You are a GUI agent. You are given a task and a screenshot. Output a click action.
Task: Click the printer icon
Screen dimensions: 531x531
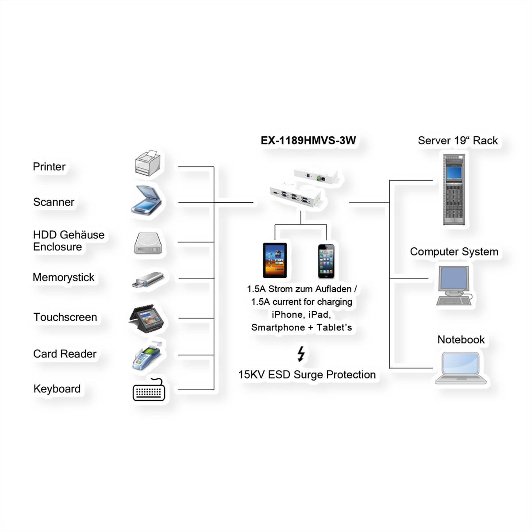pyautogui.click(x=148, y=163)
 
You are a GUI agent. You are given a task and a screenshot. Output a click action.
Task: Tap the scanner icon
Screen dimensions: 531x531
pyautogui.click(x=146, y=200)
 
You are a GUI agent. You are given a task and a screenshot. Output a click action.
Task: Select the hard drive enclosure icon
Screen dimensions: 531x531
pyautogui.click(x=148, y=243)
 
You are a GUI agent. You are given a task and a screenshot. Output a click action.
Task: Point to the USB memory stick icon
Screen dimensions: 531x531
pyautogui.click(x=148, y=280)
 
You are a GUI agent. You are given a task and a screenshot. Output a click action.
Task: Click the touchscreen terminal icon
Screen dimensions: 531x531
pyautogui.click(x=146, y=319)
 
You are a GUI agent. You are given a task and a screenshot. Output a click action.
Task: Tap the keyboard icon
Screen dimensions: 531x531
pyautogui.click(x=149, y=389)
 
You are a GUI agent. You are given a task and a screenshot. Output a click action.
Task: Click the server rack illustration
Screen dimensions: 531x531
pyautogui.click(x=454, y=189)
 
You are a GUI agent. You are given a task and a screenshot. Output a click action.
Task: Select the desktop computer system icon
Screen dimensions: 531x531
pyautogui.click(x=454, y=285)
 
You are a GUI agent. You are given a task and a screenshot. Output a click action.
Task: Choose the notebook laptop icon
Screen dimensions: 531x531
pyautogui.click(x=461, y=368)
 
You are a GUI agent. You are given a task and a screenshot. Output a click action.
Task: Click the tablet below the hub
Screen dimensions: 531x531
pyautogui.click(x=275, y=260)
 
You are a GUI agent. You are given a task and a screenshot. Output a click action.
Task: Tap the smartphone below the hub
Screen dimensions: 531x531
pyautogui.click(x=326, y=261)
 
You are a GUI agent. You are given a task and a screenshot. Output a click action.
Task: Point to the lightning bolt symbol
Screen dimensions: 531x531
pyautogui.click(x=301, y=354)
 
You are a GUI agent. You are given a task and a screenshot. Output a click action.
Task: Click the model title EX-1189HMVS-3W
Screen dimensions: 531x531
pyautogui.click(x=308, y=141)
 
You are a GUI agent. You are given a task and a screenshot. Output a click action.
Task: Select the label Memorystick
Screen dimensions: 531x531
pyautogui.click(x=63, y=277)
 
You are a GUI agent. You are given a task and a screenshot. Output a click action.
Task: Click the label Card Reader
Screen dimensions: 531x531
pyautogui.click(x=65, y=354)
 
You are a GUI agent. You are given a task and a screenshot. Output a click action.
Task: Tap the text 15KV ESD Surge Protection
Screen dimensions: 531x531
pyautogui.click(x=307, y=375)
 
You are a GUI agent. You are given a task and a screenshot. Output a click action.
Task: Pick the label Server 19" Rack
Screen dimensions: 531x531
pyautogui.click(x=458, y=141)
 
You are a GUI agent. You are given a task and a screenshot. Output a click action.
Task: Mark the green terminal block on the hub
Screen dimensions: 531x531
pyautogui.click(x=319, y=178)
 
